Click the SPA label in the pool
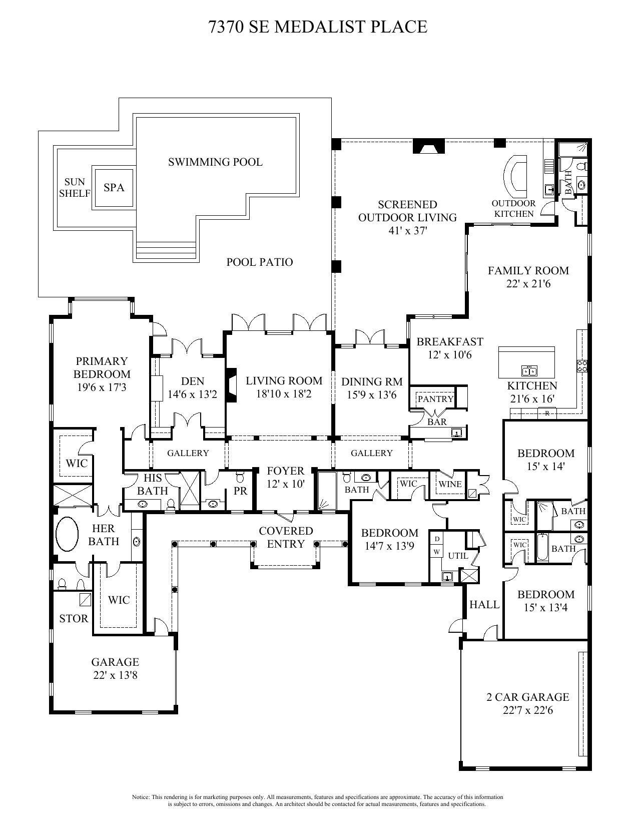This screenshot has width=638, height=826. (114, 187)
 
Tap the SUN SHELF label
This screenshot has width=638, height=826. (75, 187)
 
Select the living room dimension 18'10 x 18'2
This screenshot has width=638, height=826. (284, 394)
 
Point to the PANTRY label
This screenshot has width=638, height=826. (436, 399)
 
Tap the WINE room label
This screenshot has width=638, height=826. (450, 484)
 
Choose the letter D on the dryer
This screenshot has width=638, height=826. (437, 539)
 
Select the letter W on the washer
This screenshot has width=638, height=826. (437, 552)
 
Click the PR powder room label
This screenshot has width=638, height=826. (241, 491)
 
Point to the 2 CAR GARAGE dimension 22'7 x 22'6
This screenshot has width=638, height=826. (528, 710)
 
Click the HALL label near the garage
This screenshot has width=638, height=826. (484, 604)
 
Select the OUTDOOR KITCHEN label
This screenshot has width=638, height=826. (514, 208)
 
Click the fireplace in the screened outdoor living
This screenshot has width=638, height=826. (429, 146)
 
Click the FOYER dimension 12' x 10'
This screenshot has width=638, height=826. (286, 484)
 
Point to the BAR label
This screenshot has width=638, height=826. (437, 422)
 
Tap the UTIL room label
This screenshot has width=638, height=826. (458, 555)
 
